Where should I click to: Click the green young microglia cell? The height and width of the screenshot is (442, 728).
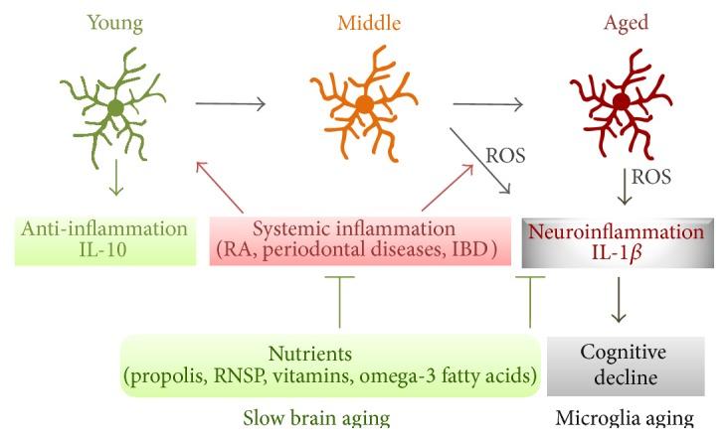coord(116,105)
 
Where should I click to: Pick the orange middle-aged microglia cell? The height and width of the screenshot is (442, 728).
coord(363,103)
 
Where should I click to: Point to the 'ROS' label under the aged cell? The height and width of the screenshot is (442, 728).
coord(651,178)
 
